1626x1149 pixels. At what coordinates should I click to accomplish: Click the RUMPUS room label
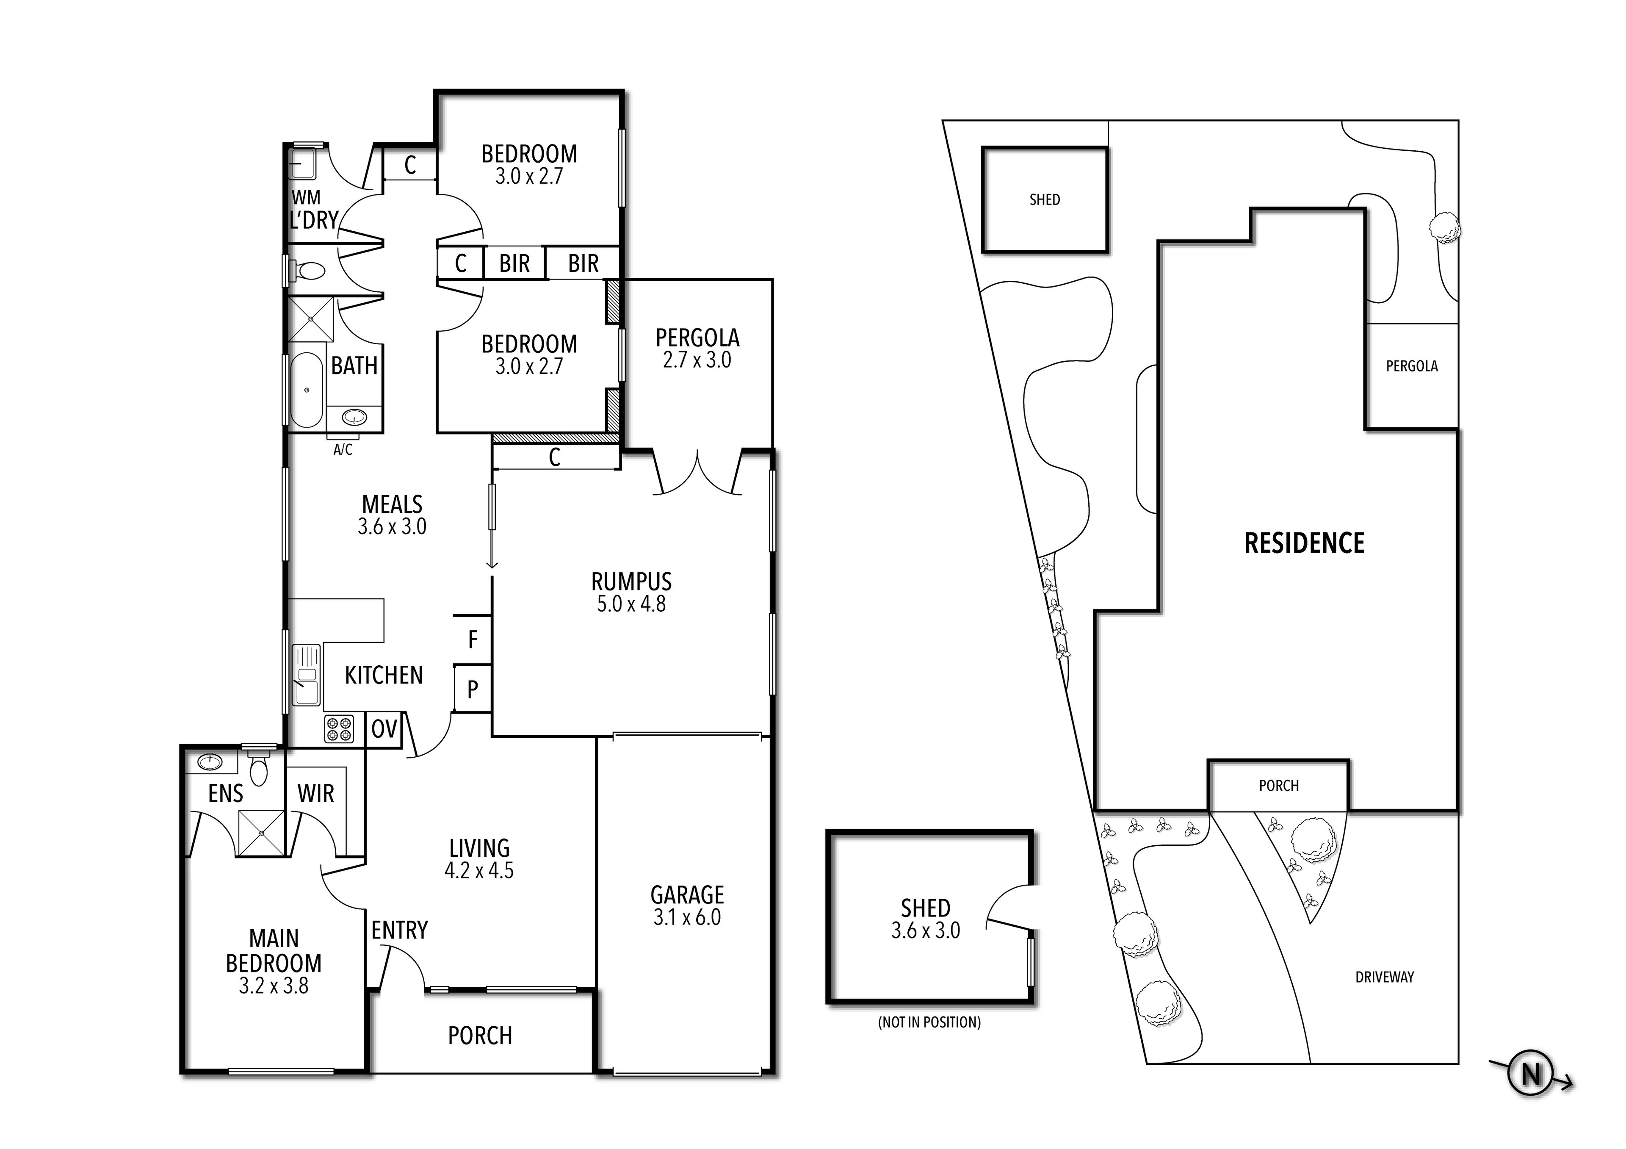point(631,581)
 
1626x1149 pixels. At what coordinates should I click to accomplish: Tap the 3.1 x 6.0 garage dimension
point(687,917)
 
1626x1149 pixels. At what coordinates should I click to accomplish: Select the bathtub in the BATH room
point(307,390)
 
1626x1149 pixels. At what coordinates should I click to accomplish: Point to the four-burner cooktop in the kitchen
point(338,729)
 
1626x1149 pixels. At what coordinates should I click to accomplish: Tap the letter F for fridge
point(473,640)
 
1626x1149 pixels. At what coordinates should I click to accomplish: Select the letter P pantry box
point(473,689)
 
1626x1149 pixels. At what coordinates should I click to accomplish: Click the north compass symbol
point(1531,1074)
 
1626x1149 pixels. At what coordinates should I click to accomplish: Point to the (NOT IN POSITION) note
point(929,1022)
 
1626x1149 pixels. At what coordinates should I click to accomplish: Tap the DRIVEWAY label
point(1385,977)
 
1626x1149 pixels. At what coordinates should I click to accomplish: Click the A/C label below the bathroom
point(343,450)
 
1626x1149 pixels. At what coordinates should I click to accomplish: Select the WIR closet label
point(316,793)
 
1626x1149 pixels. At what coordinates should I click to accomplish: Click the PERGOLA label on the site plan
point(1411,366)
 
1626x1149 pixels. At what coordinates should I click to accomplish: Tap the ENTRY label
point(399,929)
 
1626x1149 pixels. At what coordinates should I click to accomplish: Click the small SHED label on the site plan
point(1045,200)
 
